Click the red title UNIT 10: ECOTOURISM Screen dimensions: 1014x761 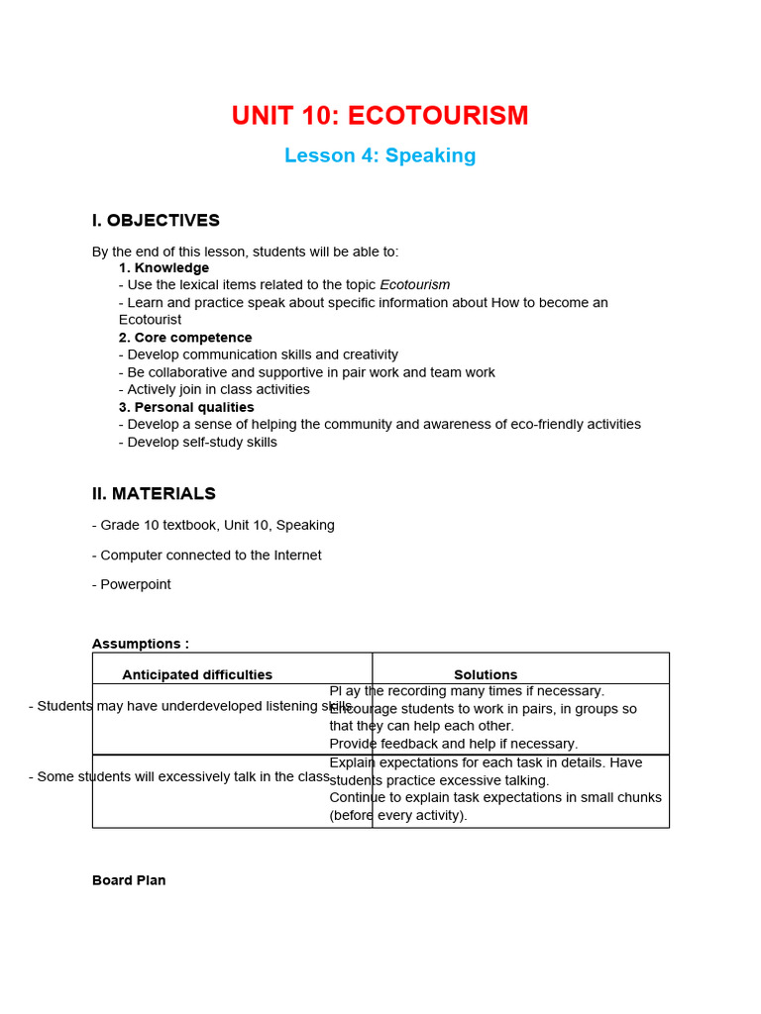380,116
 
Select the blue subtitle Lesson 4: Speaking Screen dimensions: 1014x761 380,155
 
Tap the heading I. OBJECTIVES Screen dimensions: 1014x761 156,221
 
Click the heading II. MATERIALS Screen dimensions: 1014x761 154,493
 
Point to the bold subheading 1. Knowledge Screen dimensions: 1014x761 163,268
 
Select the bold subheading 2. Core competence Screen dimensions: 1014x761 185,338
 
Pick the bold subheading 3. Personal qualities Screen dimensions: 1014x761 186,407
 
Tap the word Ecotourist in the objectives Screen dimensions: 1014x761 150,320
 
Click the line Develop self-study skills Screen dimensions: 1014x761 198,442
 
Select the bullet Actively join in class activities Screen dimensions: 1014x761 214,389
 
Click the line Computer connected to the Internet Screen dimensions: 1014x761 207,556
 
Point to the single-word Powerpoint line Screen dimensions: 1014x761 132,584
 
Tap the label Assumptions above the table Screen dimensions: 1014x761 140,644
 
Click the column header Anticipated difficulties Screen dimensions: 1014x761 197,675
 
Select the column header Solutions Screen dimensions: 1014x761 486,675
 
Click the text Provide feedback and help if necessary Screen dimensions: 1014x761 453,744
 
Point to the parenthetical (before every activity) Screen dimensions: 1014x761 397,815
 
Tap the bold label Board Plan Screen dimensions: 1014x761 129,880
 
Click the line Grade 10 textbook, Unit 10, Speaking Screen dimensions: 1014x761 213,525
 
